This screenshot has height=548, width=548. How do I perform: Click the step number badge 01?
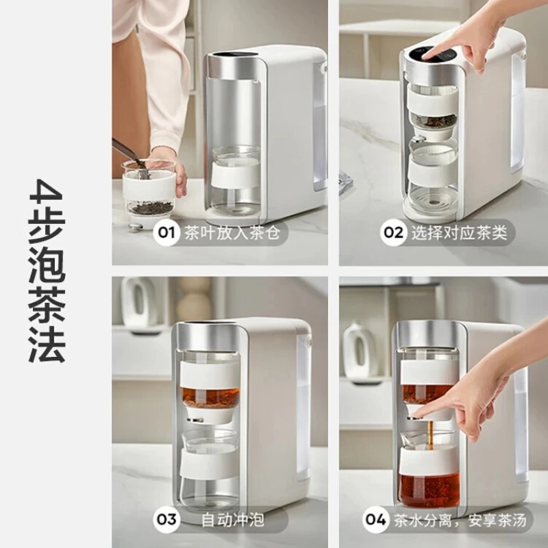(x=166, y=233)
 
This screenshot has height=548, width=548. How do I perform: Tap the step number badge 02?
(x=393, y=233)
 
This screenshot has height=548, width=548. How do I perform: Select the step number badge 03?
(x=166, y=519)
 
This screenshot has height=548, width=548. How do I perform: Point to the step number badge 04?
(x=375, y=519)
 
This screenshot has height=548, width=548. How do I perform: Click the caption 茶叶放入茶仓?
(x=232, y=233)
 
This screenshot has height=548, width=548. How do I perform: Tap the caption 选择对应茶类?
(x=459, y=233)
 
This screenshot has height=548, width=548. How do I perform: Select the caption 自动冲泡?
(x=233, y=520)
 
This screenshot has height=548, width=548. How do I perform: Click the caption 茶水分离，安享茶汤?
(x=460, y=521)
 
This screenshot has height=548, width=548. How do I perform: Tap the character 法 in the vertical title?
(x=47, y=345)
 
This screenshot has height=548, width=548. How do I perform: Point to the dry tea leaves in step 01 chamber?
(x=150, y=208)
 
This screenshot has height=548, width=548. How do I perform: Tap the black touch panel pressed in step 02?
(x=434, y=55)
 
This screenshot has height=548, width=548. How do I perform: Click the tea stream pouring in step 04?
(x=431, y=435)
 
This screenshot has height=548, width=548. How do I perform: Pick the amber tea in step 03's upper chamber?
(x=210, y=397)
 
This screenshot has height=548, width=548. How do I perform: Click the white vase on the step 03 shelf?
(x=139, y=301)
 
